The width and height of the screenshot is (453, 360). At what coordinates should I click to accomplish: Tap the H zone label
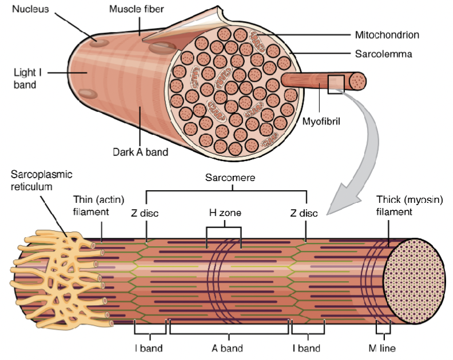(x=224, y=213)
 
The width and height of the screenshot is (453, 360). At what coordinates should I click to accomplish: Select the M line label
(x=382, y=348)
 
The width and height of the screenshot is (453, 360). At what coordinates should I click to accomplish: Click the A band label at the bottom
(x=227, y=348)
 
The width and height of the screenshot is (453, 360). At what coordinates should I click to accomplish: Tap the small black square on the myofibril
(x=335, y=83)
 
